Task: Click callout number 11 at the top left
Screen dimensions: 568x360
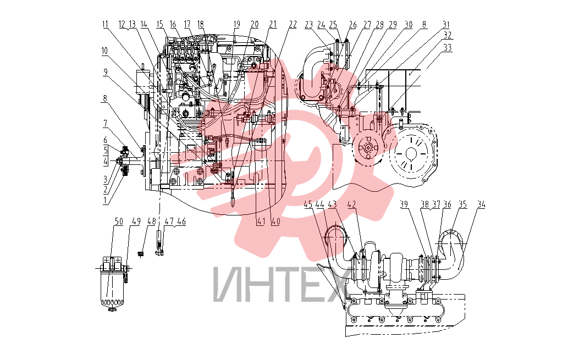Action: [106, 25]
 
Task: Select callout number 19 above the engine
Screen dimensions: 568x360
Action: [236, 25]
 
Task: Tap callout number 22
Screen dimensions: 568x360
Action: [293, 25]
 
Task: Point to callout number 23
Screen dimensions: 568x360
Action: [308, 25]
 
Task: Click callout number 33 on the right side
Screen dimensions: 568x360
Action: [448, 47]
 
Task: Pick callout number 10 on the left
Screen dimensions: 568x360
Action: [104, 51]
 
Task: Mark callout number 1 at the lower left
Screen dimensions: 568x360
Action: [106, 200]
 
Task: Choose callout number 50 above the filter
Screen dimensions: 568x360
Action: [119, 221]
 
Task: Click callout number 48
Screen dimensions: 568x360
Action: [151, 221]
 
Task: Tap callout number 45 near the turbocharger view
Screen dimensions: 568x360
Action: [308, 204]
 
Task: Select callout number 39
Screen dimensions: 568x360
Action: [404, 204]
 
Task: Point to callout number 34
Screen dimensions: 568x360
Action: [481, 204]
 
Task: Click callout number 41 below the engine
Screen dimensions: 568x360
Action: [261, 221]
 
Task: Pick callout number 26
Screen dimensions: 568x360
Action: [352, 25]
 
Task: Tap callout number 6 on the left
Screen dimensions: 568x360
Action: [106, 140]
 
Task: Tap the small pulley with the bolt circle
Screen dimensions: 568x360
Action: [368, 148]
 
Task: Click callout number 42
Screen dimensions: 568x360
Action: [351, 204]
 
